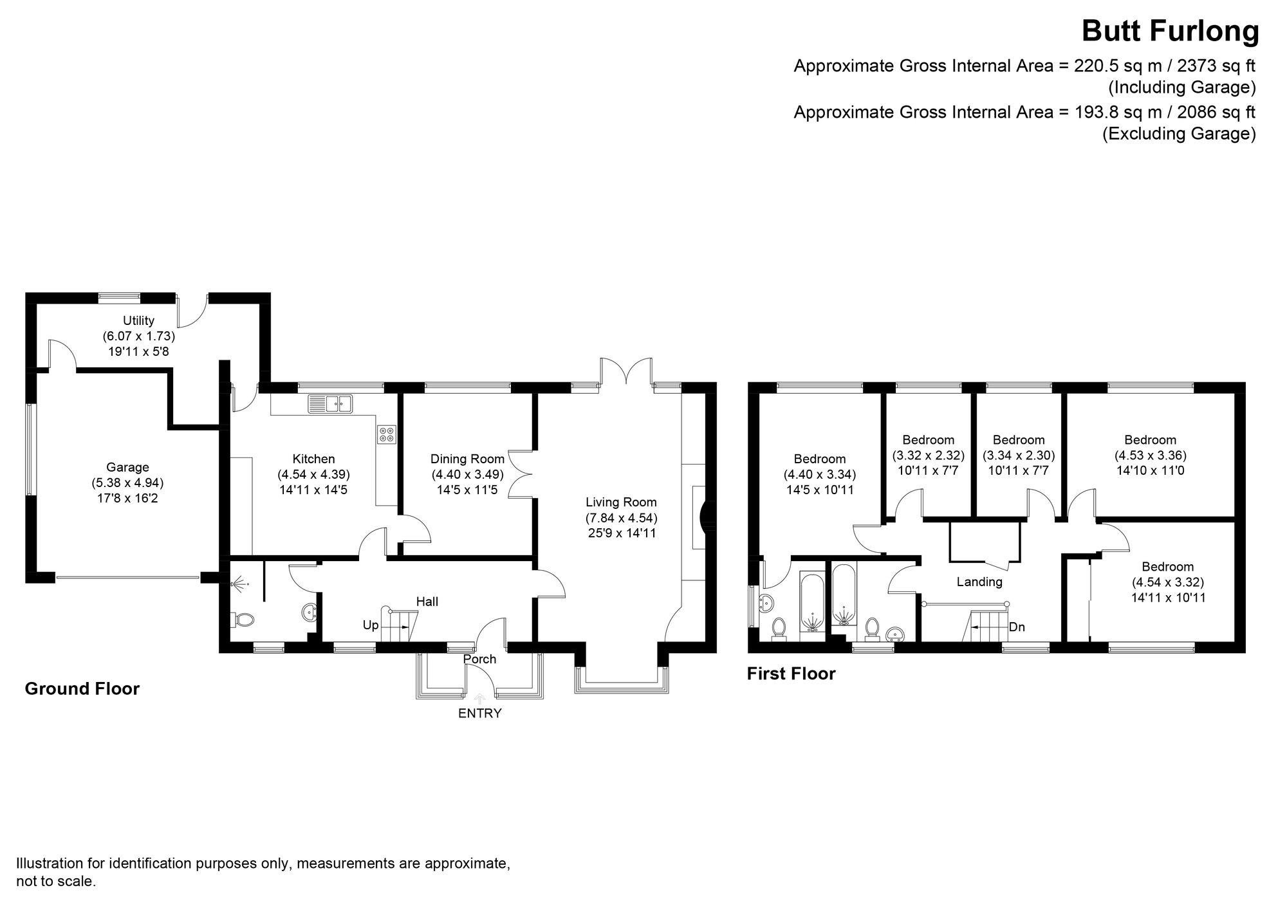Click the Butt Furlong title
point(1169,31)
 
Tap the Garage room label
point(127,467)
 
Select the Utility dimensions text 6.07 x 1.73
point(138,336)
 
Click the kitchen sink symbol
point(330,403)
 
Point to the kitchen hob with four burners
point(387,434)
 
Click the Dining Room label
point(467,459)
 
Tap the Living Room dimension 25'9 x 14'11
point(621,533)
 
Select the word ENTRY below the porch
point(479,713)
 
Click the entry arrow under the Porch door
point(479,699)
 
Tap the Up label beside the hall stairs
point(371,625)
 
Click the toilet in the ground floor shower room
point(243,620)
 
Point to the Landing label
point(979,582)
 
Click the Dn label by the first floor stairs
point(1017,626)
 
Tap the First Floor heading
point(791,674)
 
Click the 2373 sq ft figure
point(1216,66)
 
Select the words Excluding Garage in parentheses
point(1179,134)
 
